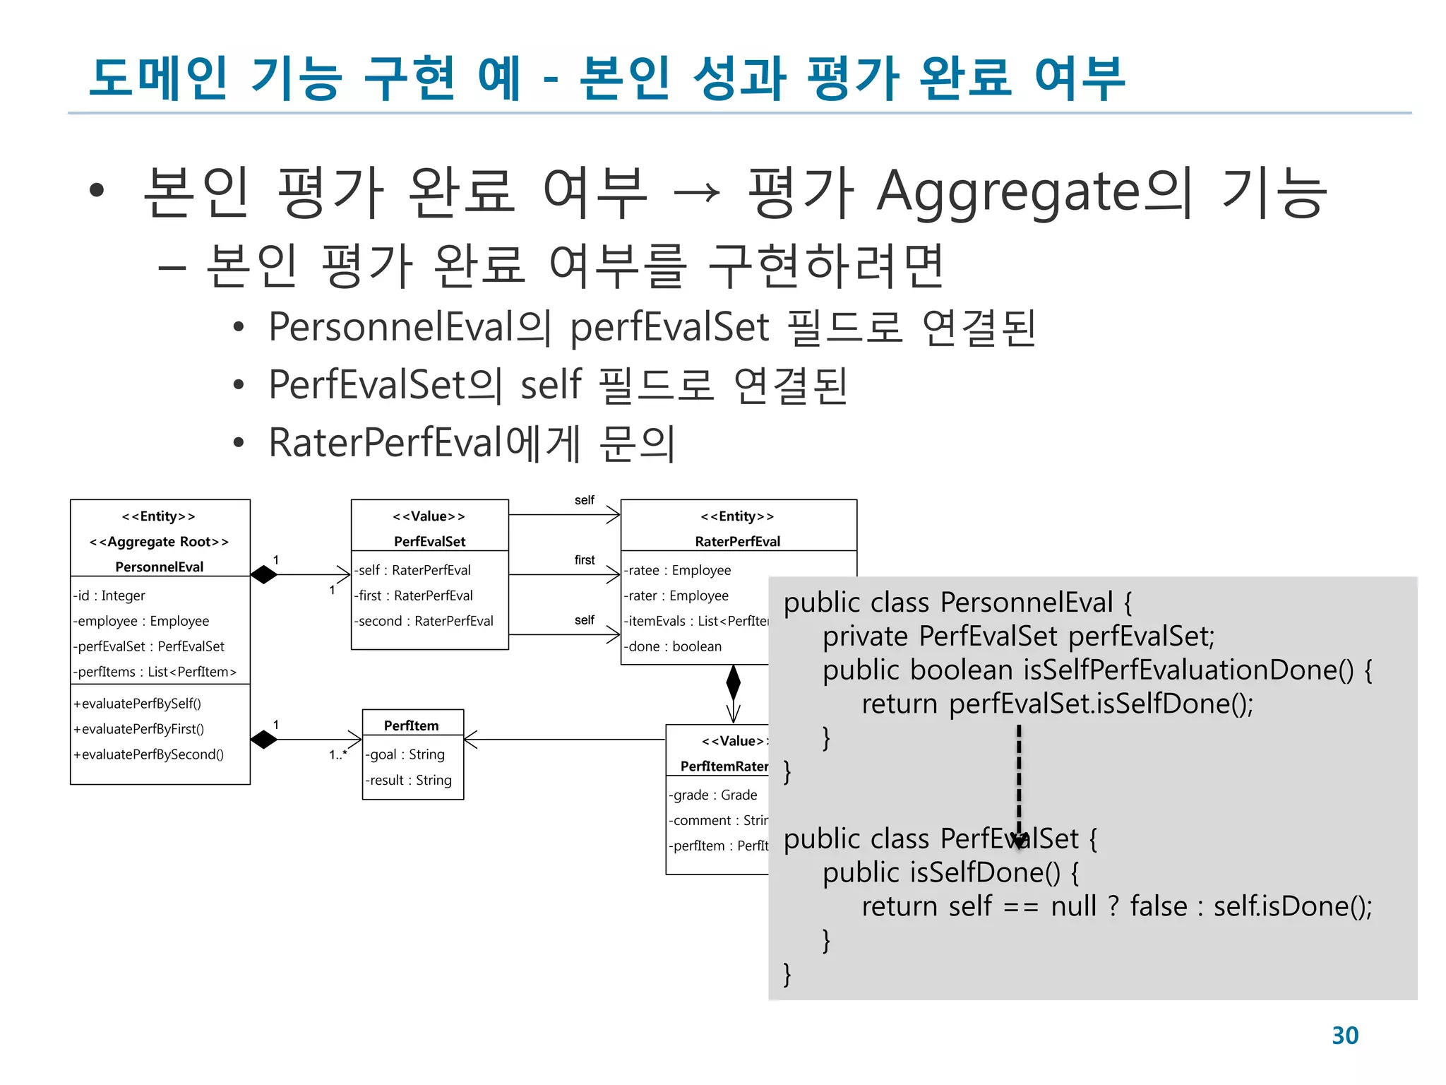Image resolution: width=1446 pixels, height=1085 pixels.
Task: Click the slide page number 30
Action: [1344, 1035]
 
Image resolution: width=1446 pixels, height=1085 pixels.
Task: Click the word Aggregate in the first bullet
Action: [1008, 192]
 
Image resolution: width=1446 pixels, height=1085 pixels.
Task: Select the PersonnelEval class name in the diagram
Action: [160, 567]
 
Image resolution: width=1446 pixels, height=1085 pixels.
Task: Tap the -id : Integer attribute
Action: [109, 595]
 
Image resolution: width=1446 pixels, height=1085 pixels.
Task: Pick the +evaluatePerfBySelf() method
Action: [138, 704]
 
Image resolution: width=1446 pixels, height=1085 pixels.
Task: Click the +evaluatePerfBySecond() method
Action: [149, 754]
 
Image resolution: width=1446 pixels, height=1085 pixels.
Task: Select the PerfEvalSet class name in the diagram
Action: [429, 541]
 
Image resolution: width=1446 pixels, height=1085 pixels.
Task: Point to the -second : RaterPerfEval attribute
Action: [424, 621]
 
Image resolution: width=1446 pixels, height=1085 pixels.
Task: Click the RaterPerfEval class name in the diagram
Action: [737, 541]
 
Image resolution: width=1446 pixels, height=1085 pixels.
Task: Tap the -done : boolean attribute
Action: [673, 646]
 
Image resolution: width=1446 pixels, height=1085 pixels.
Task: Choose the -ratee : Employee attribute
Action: [678, 570]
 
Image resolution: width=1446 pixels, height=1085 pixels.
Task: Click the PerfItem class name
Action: [412, 725]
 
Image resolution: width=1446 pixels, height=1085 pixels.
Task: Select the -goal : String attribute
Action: [405, 754]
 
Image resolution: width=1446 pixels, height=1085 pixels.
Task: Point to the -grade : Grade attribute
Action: [713, 795]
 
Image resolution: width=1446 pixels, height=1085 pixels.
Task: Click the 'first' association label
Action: [585, 560]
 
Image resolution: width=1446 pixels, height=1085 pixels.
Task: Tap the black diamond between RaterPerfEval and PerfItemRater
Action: [734, 682]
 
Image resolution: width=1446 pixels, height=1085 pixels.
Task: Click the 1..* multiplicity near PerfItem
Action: [338, 754]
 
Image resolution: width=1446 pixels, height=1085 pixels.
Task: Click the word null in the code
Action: [1073, 906]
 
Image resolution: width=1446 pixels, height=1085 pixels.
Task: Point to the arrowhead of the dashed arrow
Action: [1019, 839]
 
